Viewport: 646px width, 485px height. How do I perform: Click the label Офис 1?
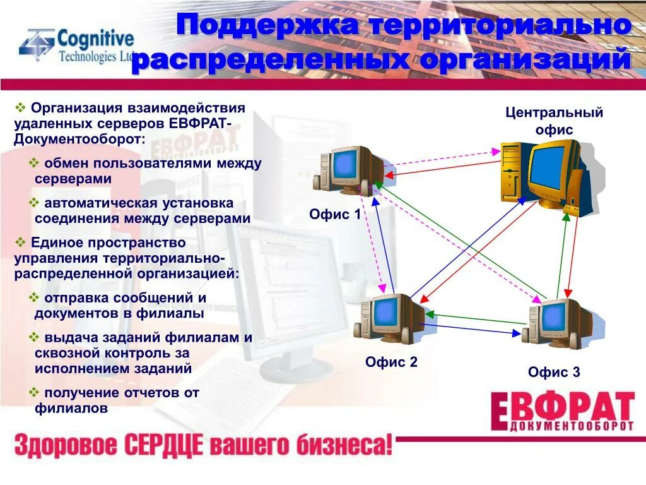click(x=335, y=214)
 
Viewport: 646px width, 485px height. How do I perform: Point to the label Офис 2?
click(x=391, y=362)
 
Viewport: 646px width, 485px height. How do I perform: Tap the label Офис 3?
click(x=554, y=372)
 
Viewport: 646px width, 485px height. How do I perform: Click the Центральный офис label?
click(x=554, y=121)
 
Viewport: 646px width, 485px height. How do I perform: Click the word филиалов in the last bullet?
click(x=71, y=408)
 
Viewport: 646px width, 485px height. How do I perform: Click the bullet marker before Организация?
click(x=20, y=107)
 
